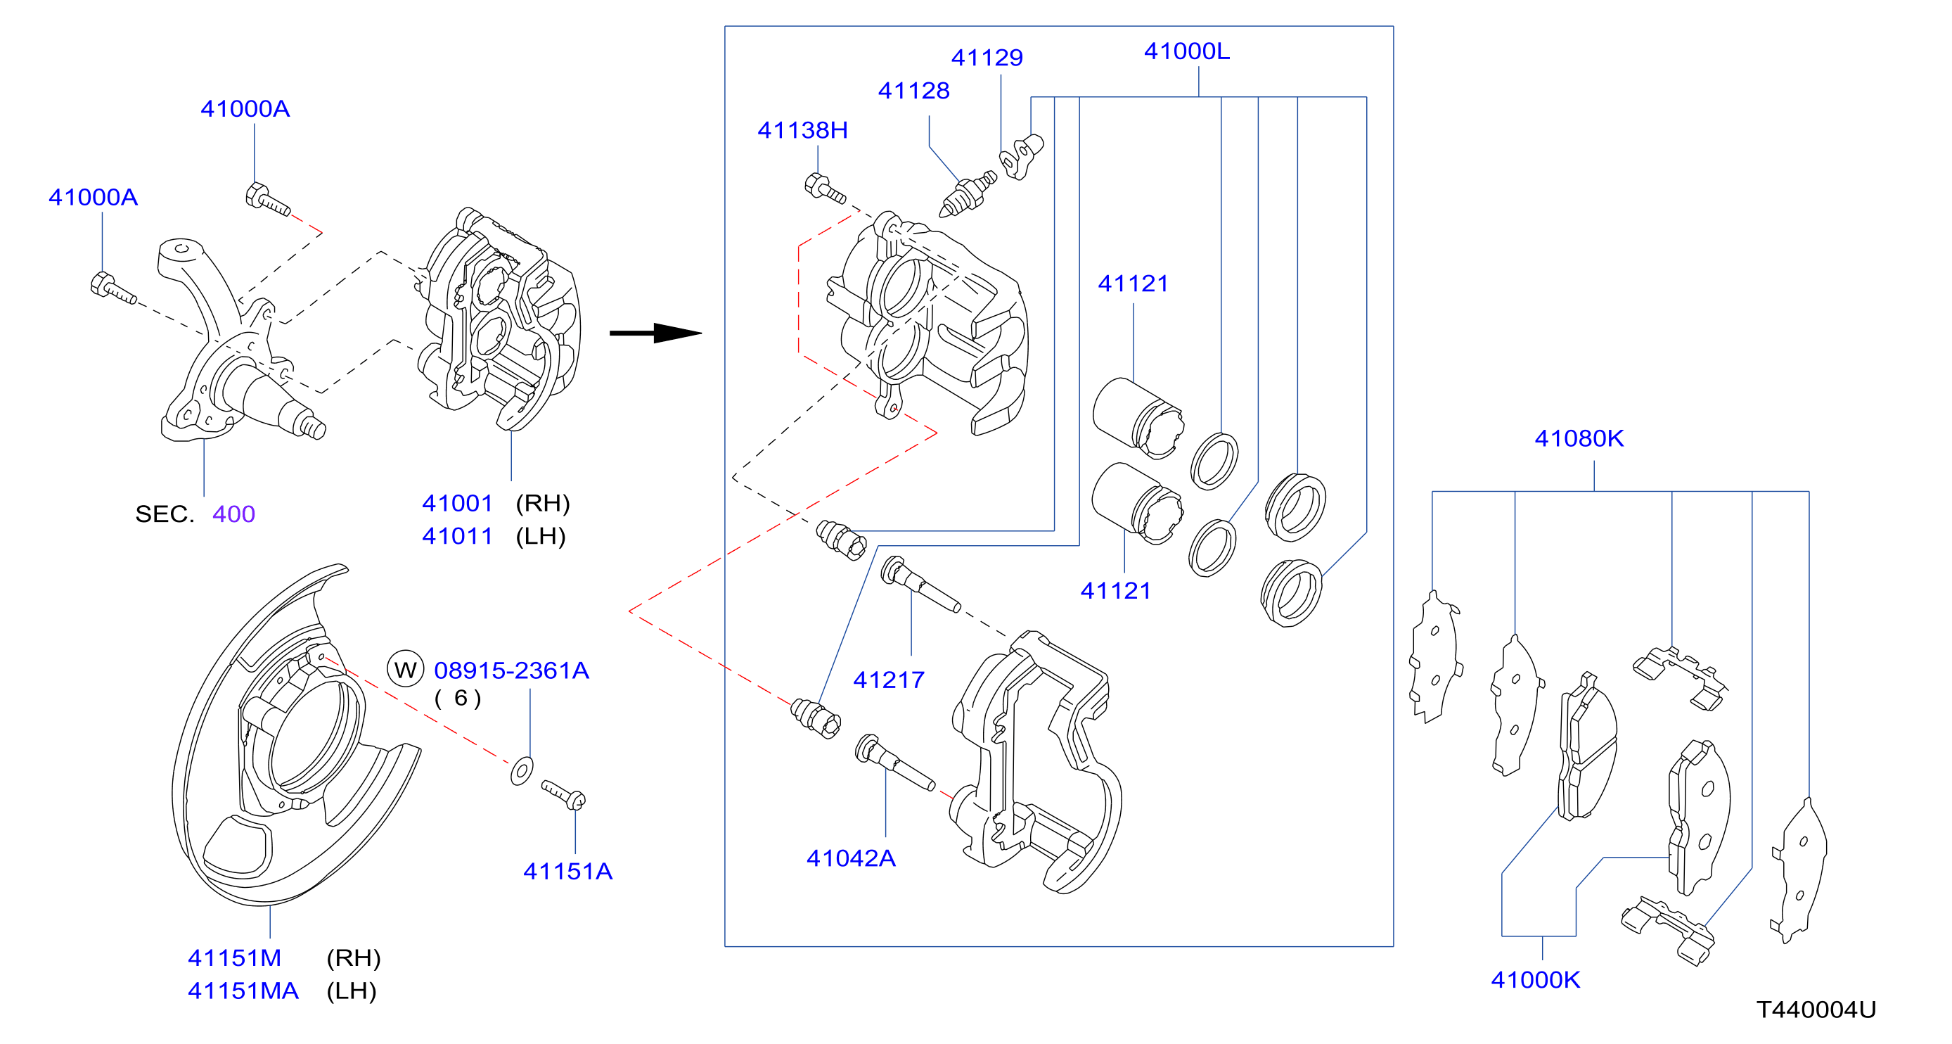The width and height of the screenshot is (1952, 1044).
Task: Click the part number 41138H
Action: [x=802, y=130]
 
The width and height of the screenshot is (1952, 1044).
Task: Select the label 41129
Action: [x=987, y=58]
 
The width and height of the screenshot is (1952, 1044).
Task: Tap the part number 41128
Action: [x=914, y=91]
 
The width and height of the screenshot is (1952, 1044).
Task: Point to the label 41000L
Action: [x=1187, y=51]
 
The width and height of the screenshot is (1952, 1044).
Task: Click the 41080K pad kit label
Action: [x=1579, y=438]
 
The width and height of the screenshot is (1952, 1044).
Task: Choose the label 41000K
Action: [x=1535, y=979]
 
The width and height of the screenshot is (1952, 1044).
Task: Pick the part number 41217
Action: [x=889, y=680]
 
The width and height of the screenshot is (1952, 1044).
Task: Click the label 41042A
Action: [x=851, y=858]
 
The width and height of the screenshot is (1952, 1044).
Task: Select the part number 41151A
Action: [x=567, y=871]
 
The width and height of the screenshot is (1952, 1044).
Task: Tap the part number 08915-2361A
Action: [x=511, y=670]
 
